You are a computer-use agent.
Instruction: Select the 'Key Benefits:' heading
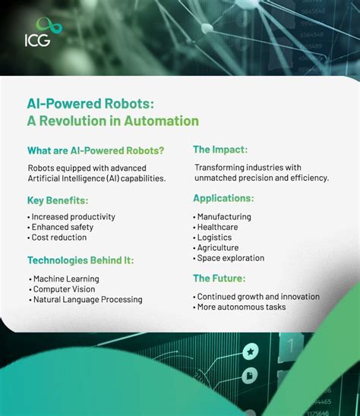[58, 200]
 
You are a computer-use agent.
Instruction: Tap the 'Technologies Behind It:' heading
[81, 260]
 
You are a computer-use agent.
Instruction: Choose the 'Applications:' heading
[223, 198]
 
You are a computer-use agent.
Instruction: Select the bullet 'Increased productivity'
[73, 216]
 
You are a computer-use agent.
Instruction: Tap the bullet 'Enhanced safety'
[62, 227]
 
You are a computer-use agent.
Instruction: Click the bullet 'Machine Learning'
[66, 279]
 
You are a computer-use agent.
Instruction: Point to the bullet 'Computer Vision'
[65, 289]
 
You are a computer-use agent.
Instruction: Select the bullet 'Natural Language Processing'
[87, 300]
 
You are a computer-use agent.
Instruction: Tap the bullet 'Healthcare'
[217, 227]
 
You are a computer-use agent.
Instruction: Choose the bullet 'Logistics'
[214, 238]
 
